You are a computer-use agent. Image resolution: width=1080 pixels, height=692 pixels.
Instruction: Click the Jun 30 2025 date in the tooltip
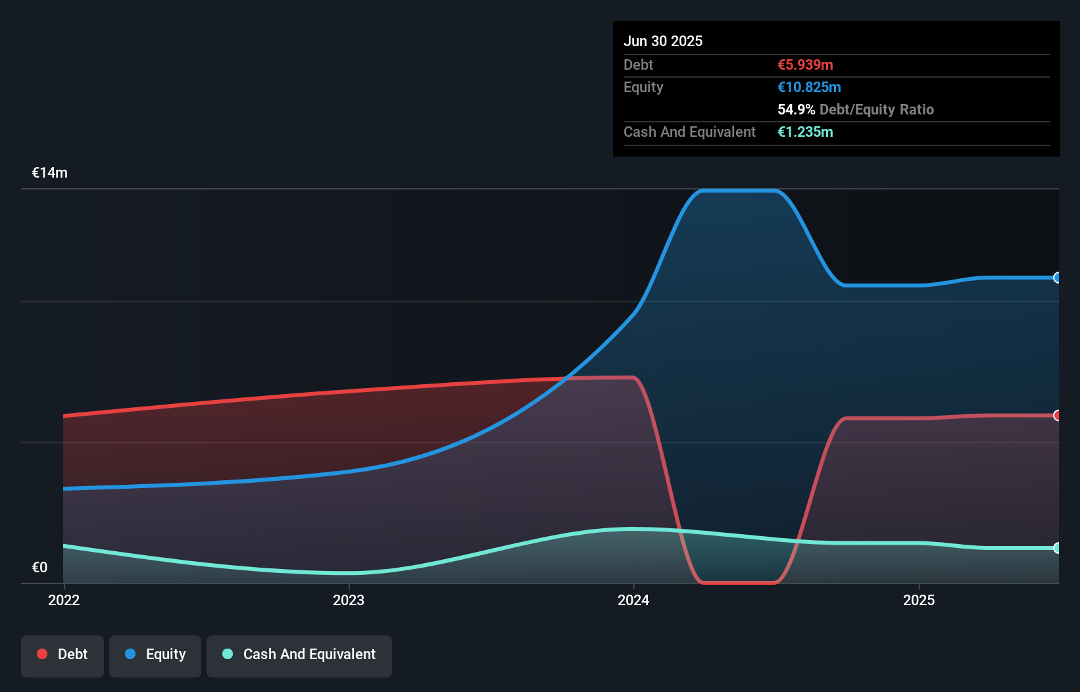tap(663, 41)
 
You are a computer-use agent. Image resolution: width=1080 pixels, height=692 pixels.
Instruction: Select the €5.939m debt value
tap(805, 64)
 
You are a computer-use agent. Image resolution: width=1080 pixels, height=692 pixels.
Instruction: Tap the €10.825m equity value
tap(809, 87)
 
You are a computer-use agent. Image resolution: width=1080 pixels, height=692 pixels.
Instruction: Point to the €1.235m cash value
tap(805, 132)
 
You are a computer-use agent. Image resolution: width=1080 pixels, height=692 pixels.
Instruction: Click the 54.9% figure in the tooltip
tap(796, 109)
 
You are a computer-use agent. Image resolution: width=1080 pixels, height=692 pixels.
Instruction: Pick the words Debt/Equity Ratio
tap(876, 109)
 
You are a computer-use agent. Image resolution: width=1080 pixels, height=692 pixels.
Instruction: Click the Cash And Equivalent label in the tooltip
tap(689, 132)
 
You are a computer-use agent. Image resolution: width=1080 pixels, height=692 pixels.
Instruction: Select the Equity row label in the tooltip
tap(643, 87)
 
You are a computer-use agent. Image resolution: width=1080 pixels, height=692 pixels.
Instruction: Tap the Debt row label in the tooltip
tap(638, 64)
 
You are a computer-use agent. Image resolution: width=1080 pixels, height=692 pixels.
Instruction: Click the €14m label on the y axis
tap(50, 172)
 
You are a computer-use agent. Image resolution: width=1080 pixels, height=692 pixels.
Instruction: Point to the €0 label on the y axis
tap(39, 567)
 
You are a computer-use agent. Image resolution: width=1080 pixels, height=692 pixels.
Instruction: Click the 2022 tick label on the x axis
tap(64, 600)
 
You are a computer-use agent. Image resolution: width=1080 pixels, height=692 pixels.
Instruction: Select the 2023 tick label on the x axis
tap(349, 600)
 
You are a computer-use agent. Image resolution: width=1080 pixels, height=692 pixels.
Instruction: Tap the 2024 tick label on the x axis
tap(633, 600)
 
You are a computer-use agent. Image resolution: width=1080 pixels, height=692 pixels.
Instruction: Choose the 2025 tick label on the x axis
tap(919, 600)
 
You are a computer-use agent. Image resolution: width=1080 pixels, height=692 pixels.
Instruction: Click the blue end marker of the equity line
tap(1057, 278)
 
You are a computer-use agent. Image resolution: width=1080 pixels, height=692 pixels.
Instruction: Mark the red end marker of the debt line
tap(1057, 415)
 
